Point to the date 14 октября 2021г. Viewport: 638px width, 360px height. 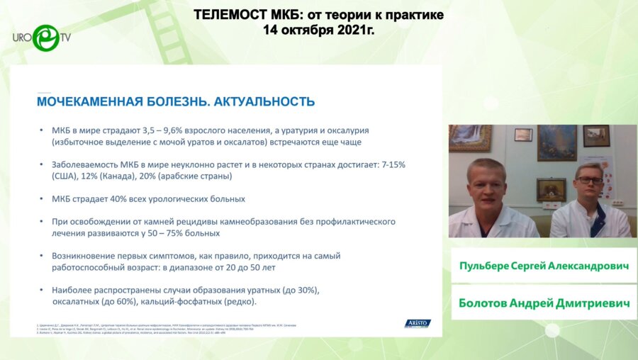318,30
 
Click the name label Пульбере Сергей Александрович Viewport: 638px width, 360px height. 544,265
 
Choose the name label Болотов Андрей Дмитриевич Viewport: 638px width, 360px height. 544,303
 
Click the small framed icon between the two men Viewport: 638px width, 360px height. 551,189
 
